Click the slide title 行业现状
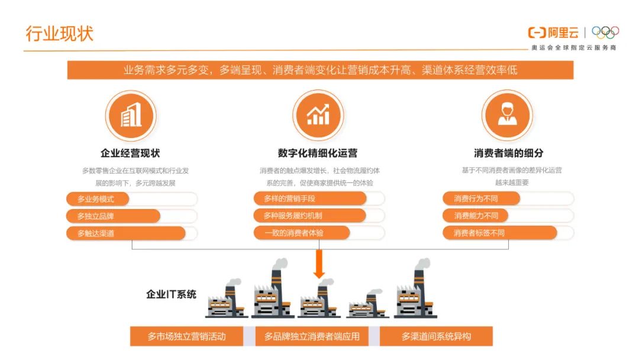pos(59,33)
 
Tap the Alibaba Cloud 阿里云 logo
pos(553,33)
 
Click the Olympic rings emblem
pos(605,33)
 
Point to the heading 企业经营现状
pos(130,153)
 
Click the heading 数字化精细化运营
pos(318,153)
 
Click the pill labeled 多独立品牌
pos(112,216)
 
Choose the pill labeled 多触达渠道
pos(125,233)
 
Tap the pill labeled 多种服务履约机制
pos(309,216)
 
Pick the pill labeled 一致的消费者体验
pos(309,233)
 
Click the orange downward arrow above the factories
pos(319,264)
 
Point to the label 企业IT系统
pos(171,294)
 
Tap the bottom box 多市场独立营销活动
pos(186,337)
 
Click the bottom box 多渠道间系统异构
pos(436,337)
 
